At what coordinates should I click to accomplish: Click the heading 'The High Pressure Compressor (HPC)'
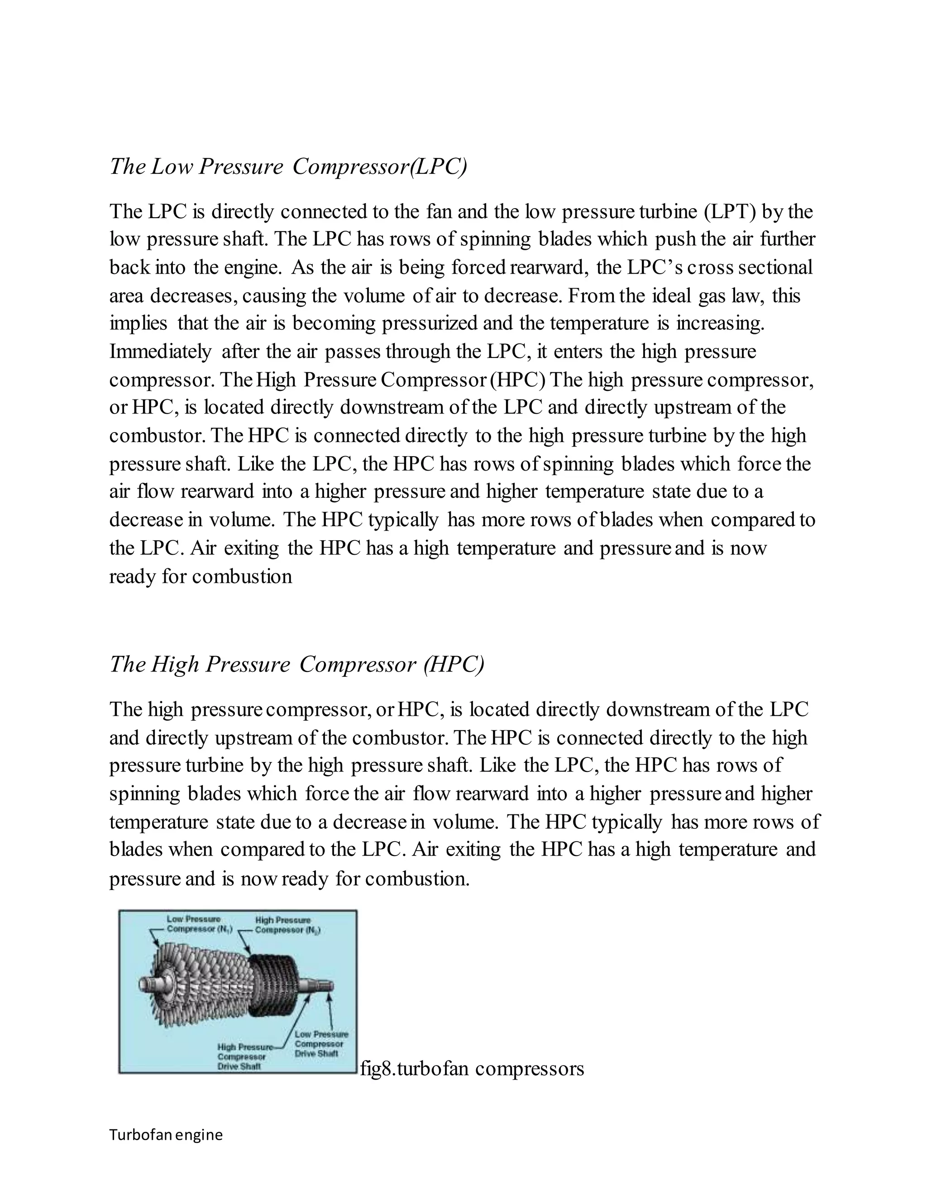[296, 664]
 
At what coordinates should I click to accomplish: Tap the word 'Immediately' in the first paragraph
[160, 352]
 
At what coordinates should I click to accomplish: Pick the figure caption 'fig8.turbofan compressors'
[472, 1068]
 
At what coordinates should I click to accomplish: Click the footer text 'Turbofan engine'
[166, 1135]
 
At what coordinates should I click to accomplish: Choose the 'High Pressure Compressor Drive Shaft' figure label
[242, 1057]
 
